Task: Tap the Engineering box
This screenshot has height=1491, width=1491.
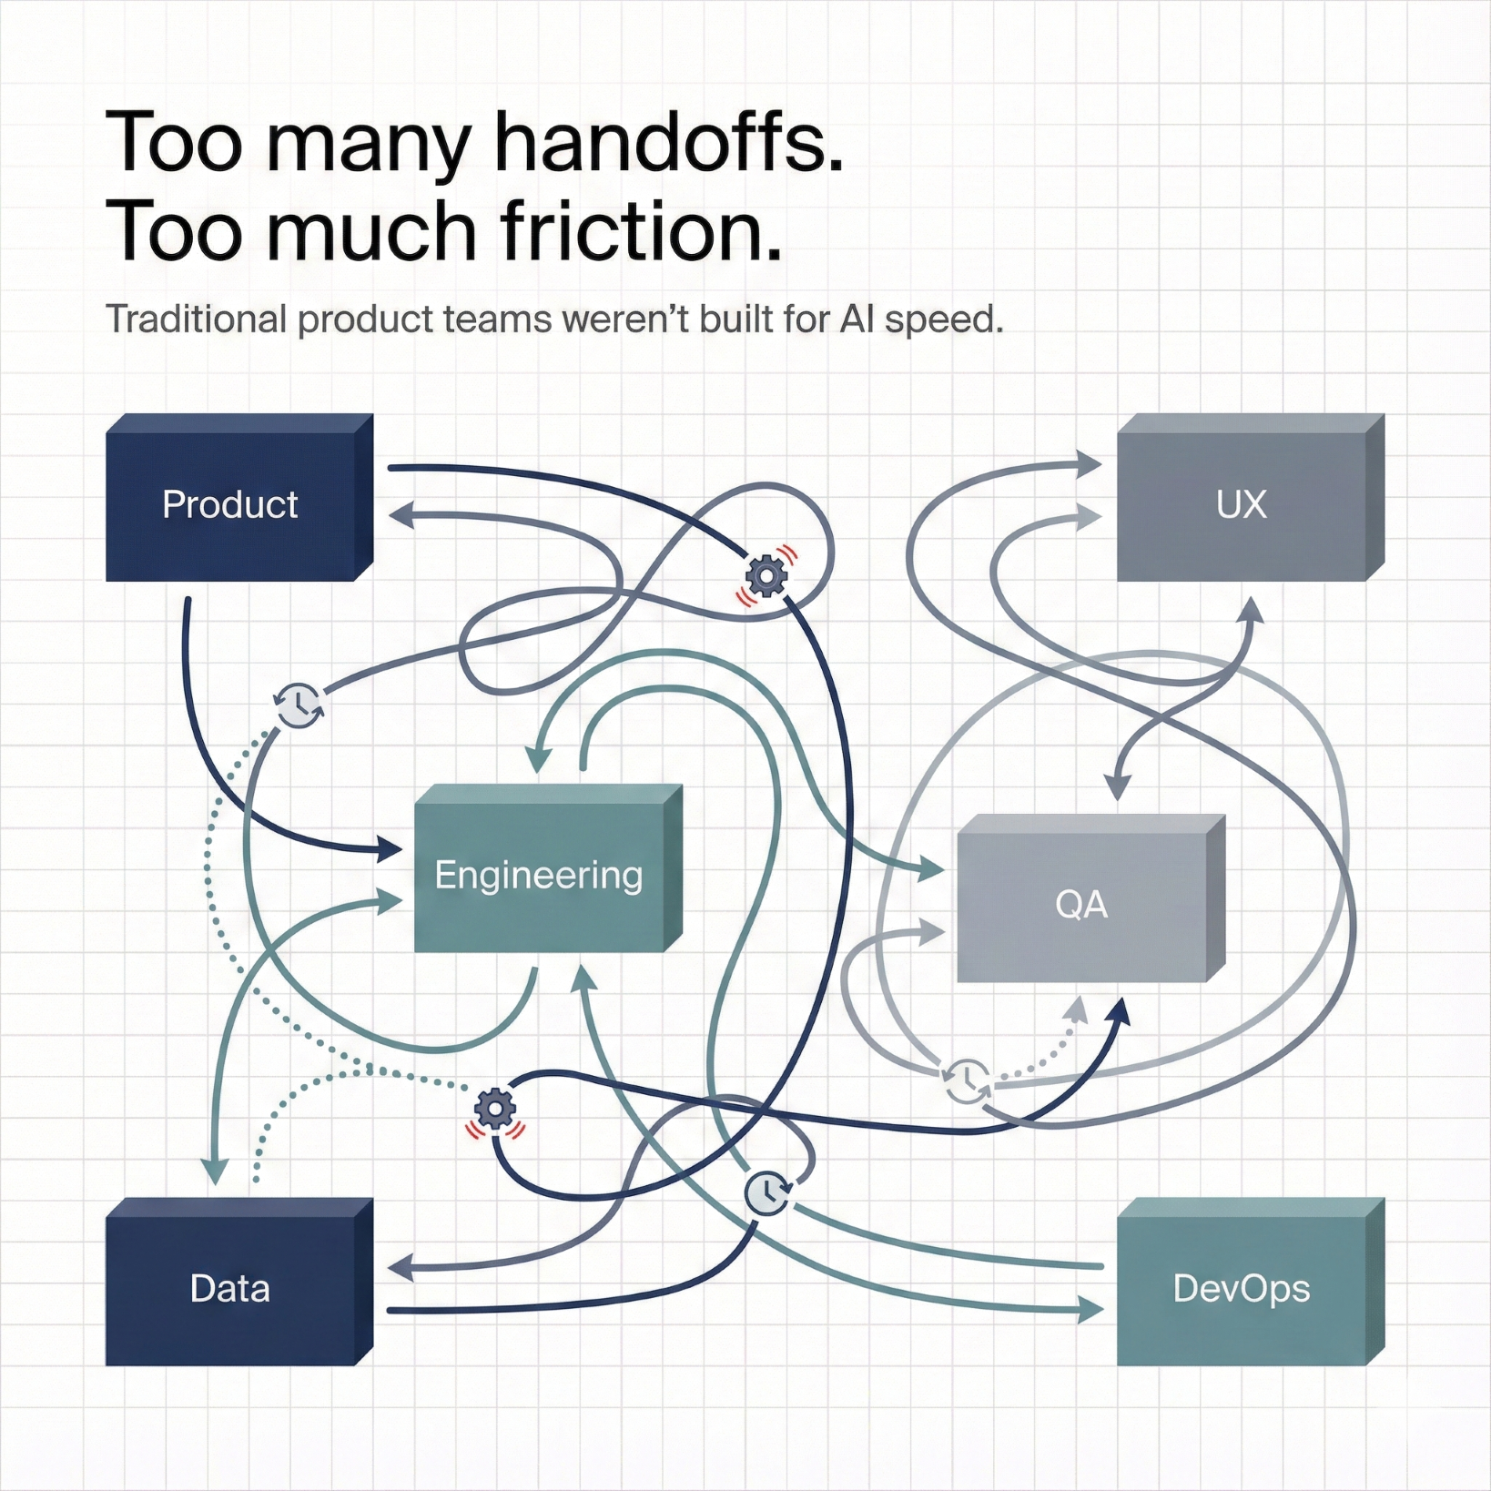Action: click(x=539, y=876)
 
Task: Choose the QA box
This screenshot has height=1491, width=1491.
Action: click(x=1081, y=905)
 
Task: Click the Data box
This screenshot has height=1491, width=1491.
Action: click(x=230, y=1289)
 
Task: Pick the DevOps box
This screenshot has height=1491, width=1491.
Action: click(x=1242, y=1289)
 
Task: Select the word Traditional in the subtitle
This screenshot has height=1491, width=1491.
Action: click(x=197, y=319)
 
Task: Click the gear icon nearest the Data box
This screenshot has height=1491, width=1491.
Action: click(x=495, y=1110)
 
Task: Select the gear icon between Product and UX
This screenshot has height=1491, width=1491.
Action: click(x=766, y=575)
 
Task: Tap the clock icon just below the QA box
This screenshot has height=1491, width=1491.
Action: click(x=967, y=1080)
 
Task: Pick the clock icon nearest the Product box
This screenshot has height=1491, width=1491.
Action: click(x=299, y=705)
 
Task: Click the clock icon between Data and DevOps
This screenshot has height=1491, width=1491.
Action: click(x=768, y=1193)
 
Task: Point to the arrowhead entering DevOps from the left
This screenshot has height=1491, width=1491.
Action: click(x=1091, y=1311)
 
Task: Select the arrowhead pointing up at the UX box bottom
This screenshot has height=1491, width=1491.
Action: click(x=1253, y=608)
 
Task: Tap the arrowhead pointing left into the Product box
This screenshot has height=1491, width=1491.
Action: click(x=401, y=516)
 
